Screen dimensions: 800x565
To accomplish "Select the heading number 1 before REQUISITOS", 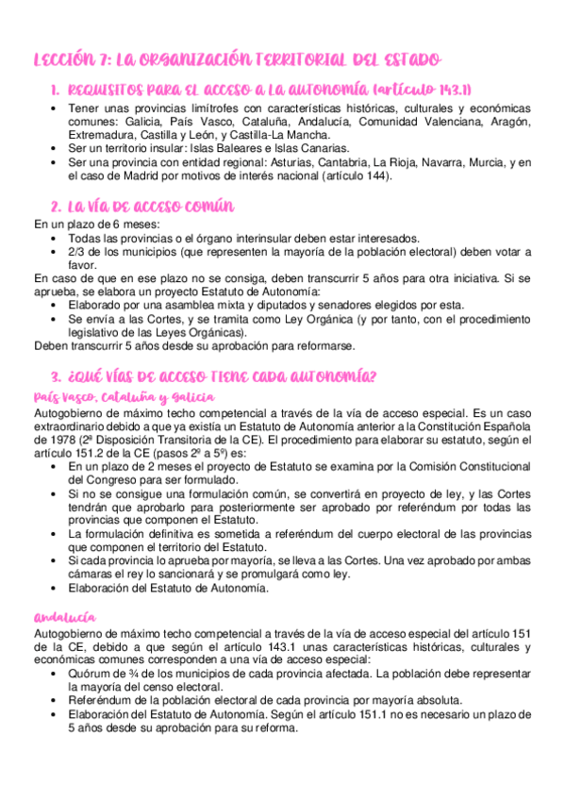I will pos(54,90).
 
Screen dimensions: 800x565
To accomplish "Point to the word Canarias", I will pos(324,148).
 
